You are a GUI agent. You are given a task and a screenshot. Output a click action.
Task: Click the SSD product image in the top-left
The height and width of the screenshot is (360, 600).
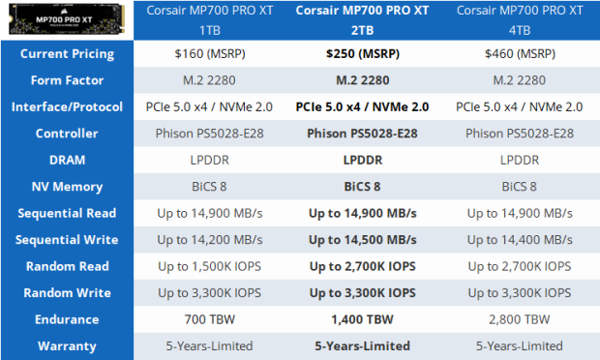click(x=68, y=20)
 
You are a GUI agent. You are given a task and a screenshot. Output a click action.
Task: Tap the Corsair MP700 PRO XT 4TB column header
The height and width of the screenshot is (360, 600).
click(x=525, y=20)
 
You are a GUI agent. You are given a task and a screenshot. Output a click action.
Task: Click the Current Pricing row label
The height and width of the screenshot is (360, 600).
click(x=68, y=54)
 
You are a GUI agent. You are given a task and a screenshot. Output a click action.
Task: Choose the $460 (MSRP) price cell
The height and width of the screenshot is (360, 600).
click(x=525, y=54)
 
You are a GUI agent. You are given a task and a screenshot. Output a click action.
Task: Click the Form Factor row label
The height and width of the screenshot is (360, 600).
click(x=68, y=80)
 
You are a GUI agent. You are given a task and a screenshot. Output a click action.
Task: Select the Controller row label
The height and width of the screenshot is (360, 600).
click(x=68, y=134)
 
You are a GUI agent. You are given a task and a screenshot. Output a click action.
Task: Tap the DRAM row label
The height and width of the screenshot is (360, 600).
click(x=68, y=160)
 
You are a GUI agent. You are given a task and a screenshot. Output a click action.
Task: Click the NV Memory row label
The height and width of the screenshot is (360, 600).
click(x=68, y=186)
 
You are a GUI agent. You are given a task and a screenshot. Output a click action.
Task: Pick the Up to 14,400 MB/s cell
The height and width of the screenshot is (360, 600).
click(x=525, y=239)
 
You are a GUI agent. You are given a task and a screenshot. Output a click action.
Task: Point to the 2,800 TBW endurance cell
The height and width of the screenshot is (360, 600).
click(x=525, y=318)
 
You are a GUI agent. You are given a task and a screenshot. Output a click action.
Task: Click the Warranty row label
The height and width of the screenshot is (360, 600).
click(x=68, y=345)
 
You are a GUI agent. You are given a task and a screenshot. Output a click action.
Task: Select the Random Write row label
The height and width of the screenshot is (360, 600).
click(x=68, y=292)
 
